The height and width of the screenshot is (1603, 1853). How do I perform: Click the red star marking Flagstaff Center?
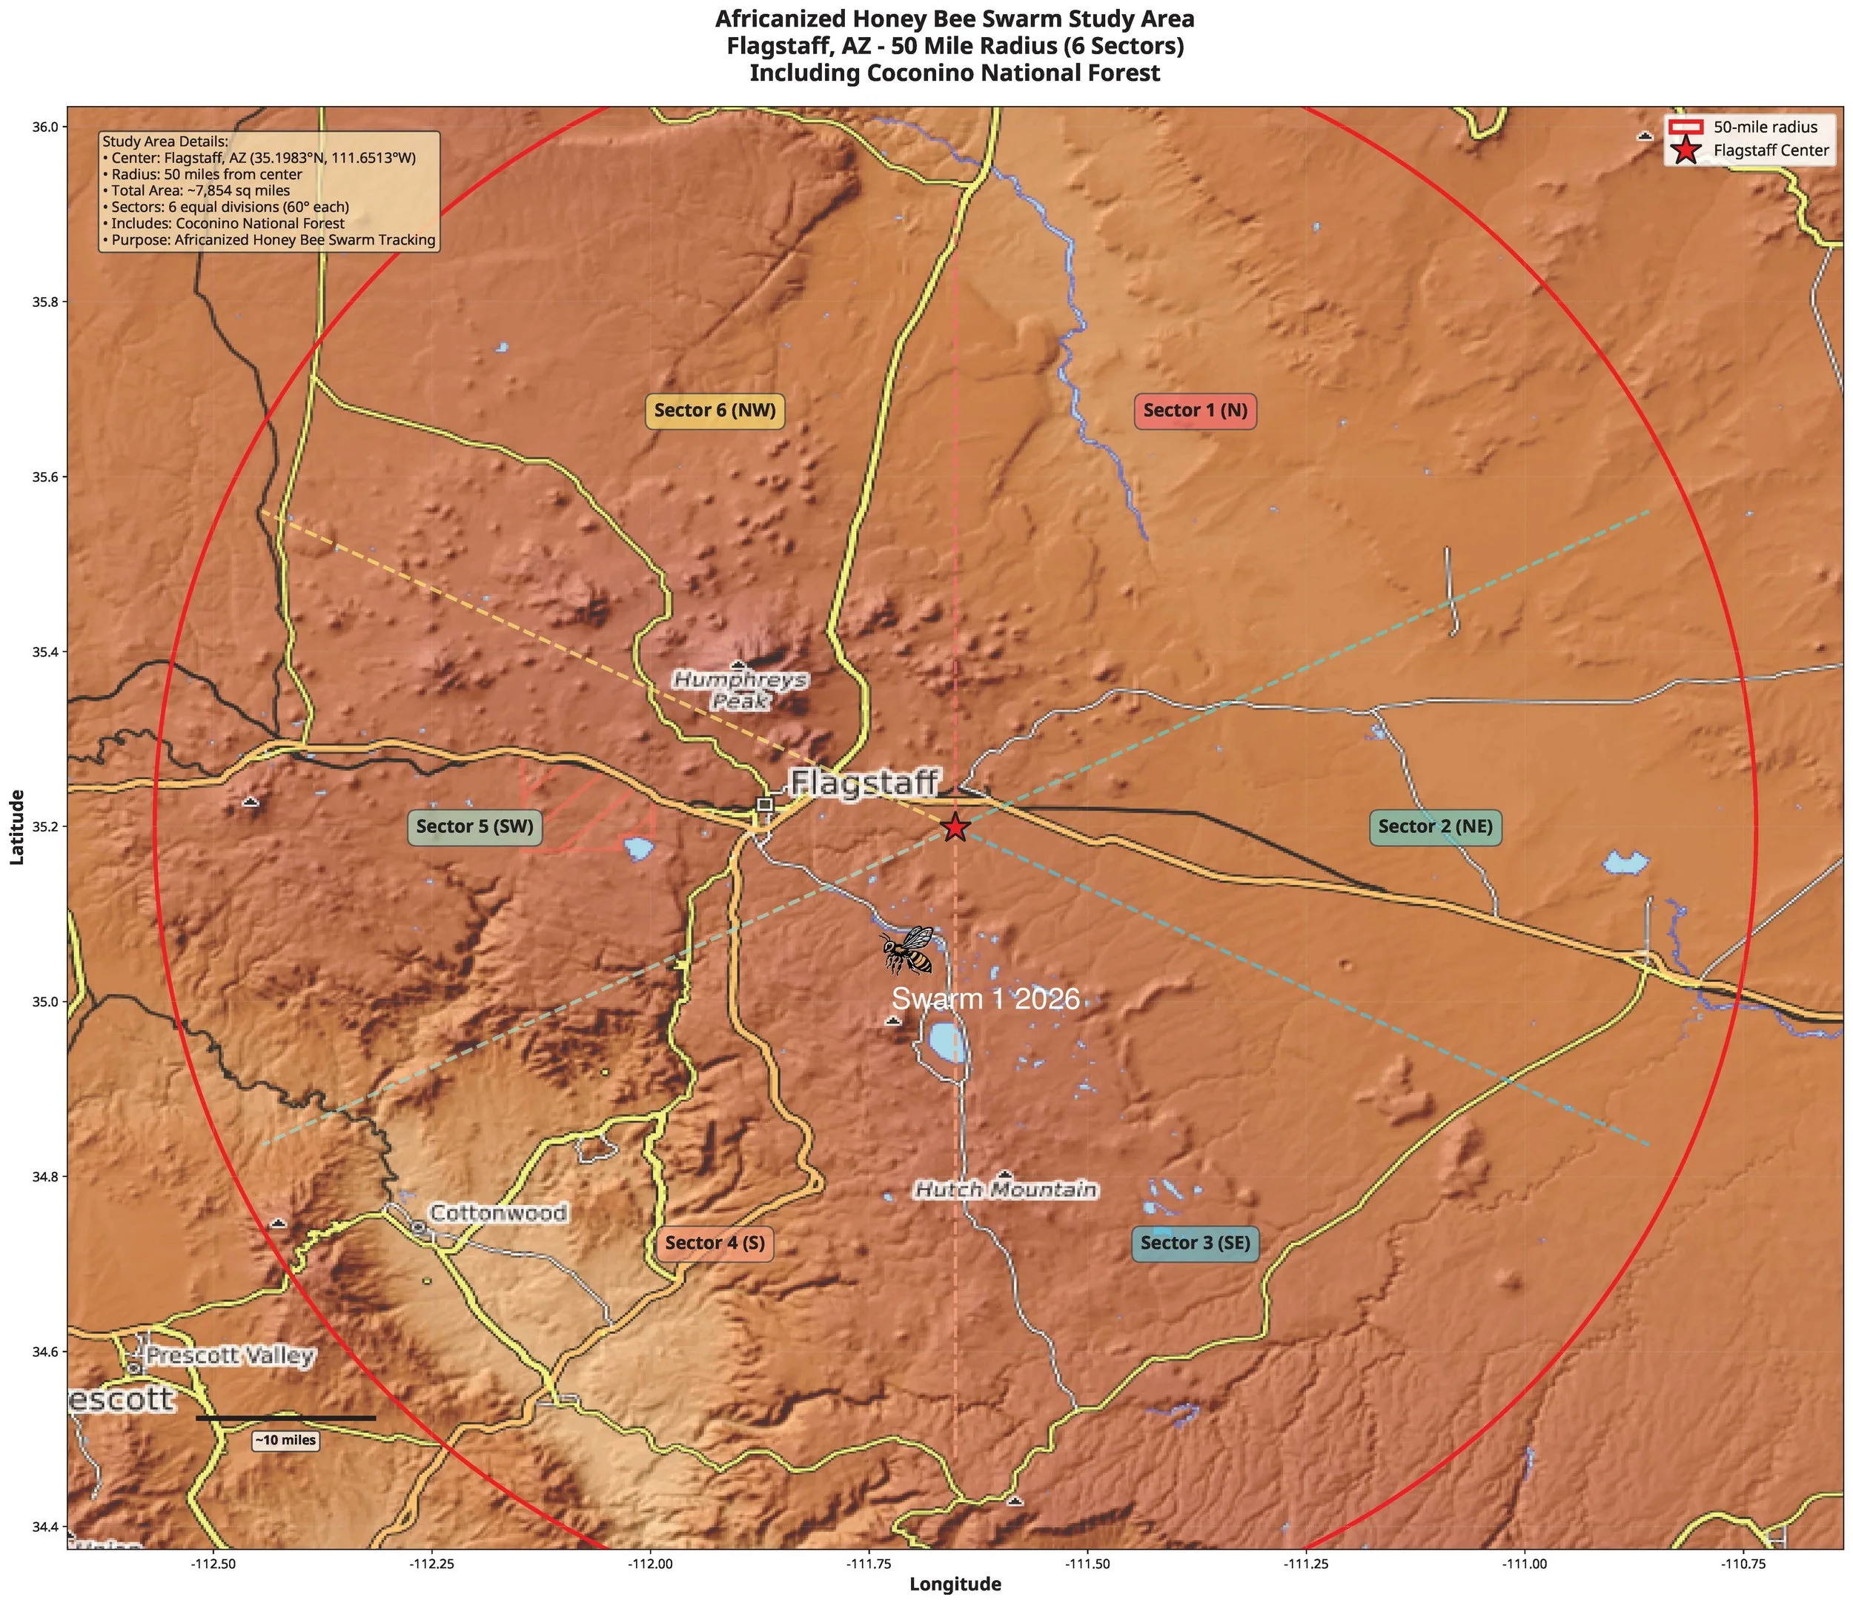[955, 828]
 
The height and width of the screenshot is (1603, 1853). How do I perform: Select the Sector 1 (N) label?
[1195, 411]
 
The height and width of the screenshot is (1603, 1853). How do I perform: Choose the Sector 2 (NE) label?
[1435, 826]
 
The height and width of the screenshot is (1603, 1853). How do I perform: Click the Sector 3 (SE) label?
[1195, 1243]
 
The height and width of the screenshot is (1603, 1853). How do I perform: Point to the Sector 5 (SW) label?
[474, 826]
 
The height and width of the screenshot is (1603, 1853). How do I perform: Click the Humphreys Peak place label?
[740, 691]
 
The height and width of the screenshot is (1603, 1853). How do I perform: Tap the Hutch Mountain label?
[1005, 1189]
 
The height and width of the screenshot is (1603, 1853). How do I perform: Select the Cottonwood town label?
[498, 1213]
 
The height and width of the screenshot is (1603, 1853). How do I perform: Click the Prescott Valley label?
[230, 1355]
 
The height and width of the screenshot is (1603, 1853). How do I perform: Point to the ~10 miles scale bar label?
[285, 1440]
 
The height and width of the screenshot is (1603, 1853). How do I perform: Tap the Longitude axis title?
[955, 1584]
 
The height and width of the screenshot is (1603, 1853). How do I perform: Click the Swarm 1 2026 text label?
[985, 998]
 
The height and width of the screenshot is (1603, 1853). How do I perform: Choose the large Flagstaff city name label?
[864, 783]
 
